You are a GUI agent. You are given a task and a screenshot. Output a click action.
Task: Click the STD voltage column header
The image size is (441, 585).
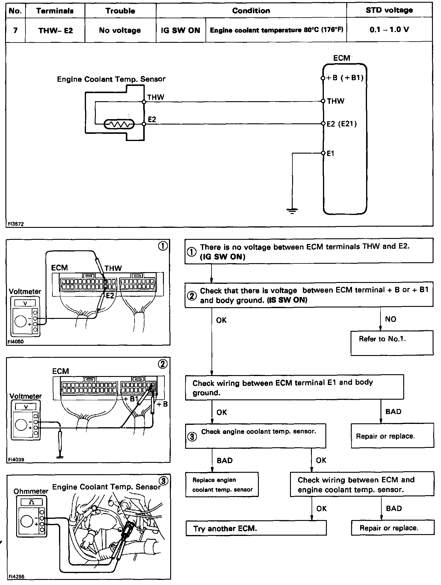389,10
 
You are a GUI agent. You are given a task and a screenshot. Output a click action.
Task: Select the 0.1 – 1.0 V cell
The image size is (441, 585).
389,30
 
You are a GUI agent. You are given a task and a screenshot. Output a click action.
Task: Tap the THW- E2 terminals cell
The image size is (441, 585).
55,30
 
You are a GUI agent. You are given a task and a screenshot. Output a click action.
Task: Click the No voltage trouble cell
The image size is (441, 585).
120,30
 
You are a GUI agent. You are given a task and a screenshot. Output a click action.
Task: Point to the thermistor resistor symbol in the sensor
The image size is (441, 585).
119,124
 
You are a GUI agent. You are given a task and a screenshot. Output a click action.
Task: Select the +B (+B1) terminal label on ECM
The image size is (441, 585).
345,78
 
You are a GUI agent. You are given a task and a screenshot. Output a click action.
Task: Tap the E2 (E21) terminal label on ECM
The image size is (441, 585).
342,124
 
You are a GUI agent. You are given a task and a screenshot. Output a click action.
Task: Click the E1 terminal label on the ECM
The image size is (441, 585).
330,153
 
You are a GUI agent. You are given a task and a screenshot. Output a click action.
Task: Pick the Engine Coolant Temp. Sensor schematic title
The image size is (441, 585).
111,79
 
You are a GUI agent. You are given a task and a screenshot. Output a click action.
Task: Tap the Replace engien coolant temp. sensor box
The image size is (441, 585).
222,485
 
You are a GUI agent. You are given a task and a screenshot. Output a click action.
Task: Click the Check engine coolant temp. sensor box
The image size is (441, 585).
255,436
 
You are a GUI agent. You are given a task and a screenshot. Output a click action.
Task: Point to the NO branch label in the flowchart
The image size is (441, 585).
391,319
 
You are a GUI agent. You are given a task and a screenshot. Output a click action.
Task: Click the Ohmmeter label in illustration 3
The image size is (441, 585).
31,491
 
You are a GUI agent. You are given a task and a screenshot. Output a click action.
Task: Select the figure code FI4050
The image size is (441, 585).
16,341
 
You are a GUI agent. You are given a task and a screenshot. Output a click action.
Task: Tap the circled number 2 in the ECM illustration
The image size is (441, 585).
163,364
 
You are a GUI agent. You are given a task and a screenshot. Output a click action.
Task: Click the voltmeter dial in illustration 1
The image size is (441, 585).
21,321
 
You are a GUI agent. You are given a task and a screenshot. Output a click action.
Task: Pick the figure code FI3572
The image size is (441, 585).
16,224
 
